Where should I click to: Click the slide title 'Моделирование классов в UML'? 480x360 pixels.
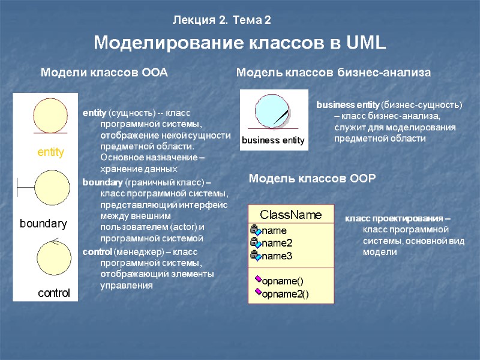tap(240, 44)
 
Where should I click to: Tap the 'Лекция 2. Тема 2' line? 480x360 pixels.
tap(222, 20)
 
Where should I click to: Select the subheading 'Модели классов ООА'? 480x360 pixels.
tap(103, 73)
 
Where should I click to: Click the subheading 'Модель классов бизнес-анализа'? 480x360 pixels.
tap(334, 73)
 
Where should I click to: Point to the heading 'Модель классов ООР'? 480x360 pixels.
tap(312, 178)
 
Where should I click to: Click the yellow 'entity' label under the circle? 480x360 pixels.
tap(50, 152)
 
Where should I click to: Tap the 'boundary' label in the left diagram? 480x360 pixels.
tap(44, 224)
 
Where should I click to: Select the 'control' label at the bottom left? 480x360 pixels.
tap(54, 293)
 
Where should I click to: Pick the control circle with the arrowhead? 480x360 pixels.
tap(55, 258)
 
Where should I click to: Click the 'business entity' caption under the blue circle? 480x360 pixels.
tap(273, 140)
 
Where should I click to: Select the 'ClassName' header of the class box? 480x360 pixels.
tap(290, 215)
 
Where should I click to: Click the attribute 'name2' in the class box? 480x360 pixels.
tap(277, 243)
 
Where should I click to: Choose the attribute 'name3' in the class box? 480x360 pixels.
tap(277, 256)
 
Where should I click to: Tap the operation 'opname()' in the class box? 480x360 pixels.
tap(283, 280)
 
